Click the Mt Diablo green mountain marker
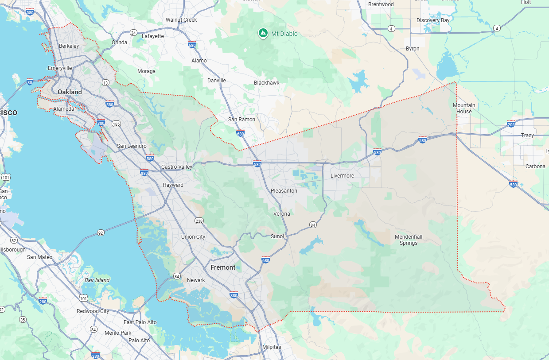[263, 33]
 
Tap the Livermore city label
[342, 176]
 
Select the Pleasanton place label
[284, 191]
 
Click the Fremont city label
[223, 267]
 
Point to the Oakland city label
[70, 92]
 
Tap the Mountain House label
[464, 108]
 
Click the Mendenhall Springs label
[408, 240]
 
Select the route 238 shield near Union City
[199, 221]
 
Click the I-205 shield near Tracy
[511, 124]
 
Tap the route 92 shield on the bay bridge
[101, 232]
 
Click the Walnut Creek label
[181, 20]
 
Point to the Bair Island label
[97, 280]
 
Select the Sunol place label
[277, 236]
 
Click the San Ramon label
[241, 120]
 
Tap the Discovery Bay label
[433, 20]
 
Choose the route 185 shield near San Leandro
[117, 124]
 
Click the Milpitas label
[272, 347]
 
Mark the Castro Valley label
[177, 167]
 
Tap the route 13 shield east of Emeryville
[105, 83]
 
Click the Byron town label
[413, 49]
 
